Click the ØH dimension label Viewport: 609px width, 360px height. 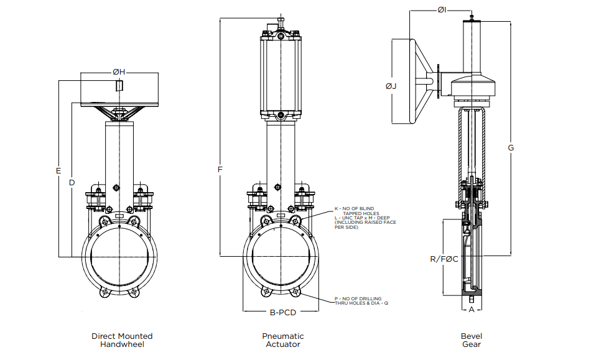point(119,73)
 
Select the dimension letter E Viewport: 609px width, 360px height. point(58,170)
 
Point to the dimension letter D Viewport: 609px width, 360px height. point(72,183)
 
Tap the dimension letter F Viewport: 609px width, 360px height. point(220,168)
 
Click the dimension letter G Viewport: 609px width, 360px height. point(511,148)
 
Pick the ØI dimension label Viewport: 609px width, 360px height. point(442,10)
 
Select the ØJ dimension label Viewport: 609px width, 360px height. point(391,86)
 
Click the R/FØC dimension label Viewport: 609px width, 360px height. point(444,259)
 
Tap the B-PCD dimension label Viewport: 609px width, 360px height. point(282,313)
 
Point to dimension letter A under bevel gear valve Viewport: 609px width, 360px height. point(471,308)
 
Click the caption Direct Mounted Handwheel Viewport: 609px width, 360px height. point(122,340)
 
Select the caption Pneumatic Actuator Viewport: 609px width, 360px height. point(283,340)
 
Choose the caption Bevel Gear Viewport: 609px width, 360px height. point(471,340)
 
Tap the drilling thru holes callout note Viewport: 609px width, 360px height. point(358,301)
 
